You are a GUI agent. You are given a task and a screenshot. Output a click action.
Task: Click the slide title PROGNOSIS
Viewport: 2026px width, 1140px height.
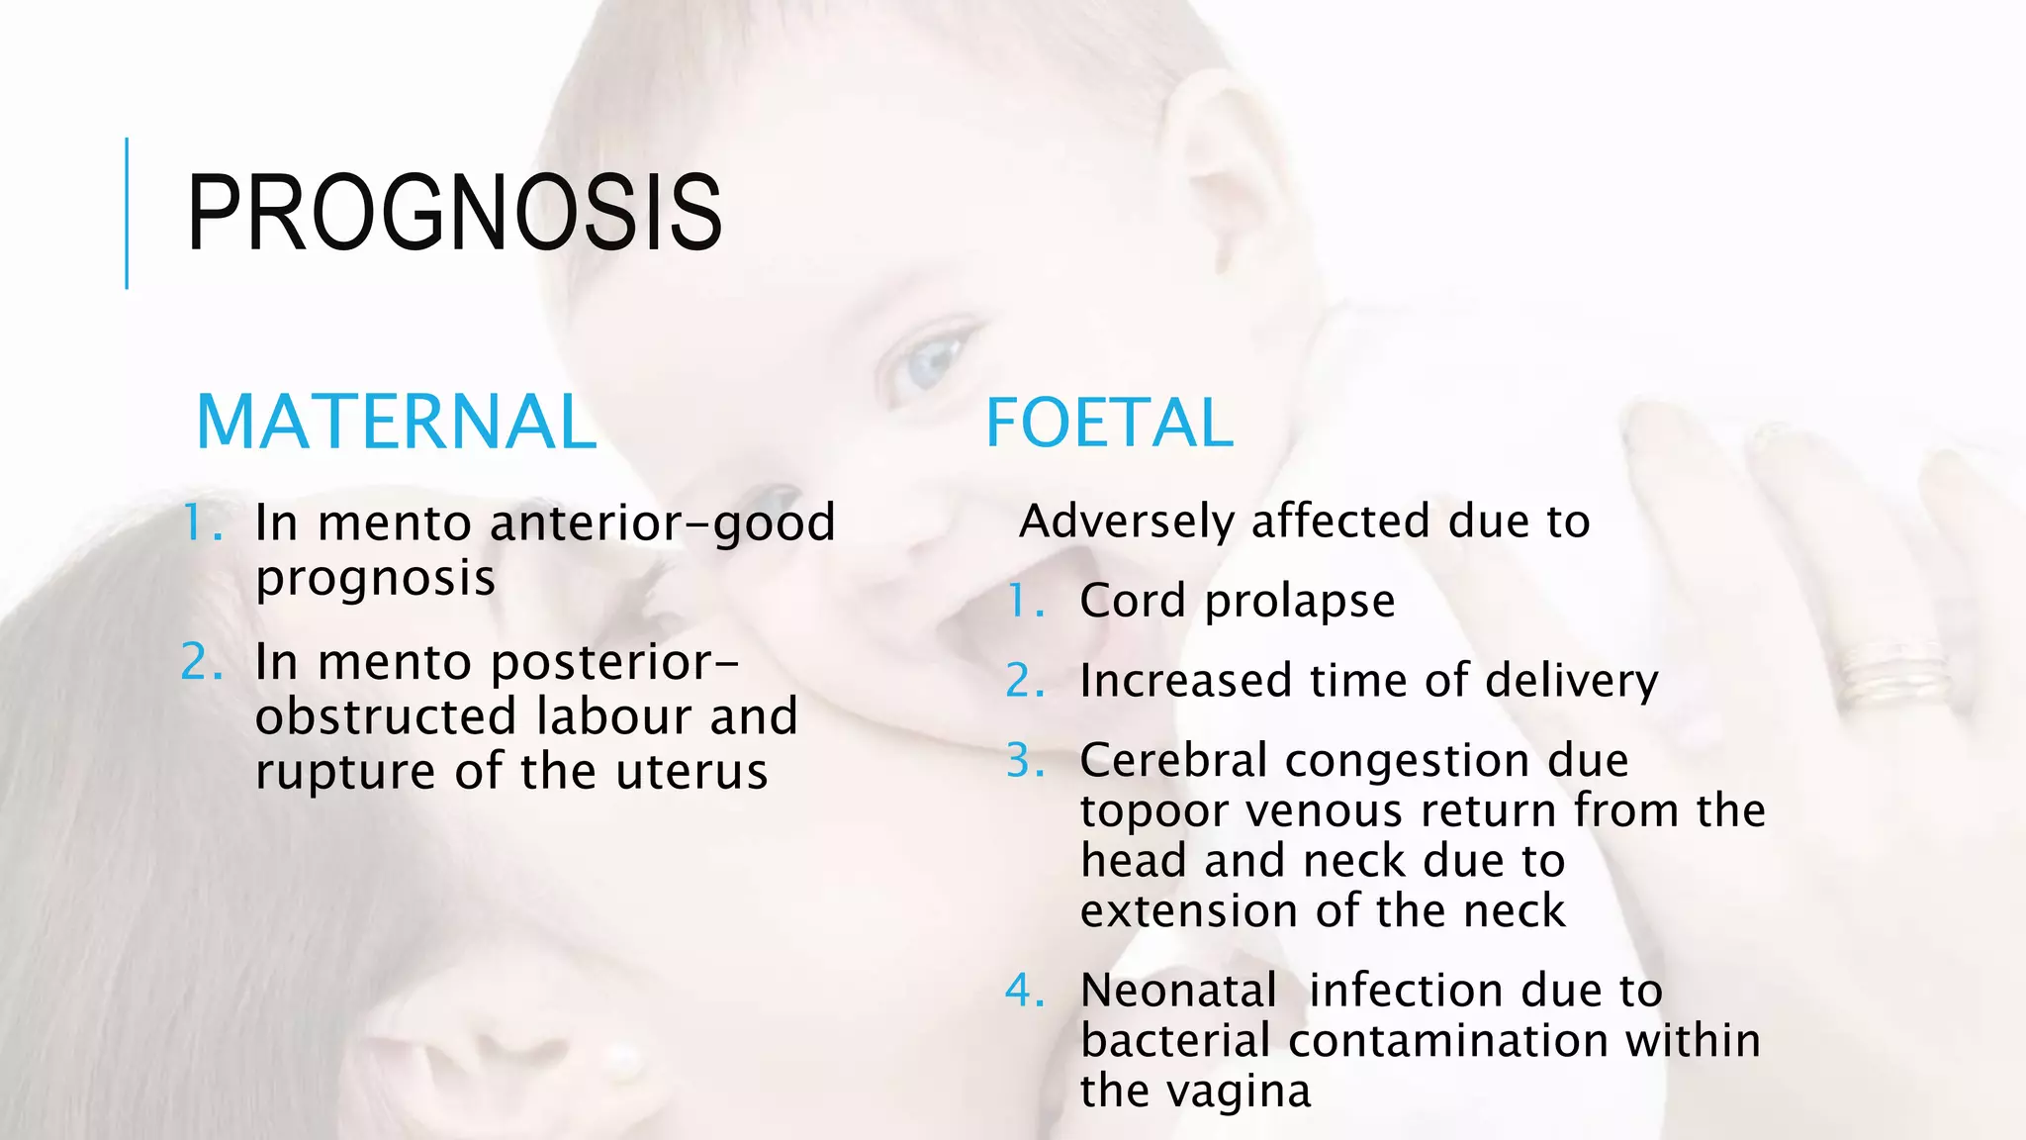454,213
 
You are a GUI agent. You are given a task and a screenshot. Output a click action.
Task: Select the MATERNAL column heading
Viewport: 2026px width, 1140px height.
397,423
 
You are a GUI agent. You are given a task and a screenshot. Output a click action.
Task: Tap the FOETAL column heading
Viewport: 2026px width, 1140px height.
1109,424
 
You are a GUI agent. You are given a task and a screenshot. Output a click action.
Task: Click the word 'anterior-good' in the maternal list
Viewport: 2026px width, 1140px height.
663,522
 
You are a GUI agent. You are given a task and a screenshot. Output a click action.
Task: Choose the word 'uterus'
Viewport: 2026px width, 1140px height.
691,772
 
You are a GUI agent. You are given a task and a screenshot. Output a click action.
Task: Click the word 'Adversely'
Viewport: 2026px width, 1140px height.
1127,522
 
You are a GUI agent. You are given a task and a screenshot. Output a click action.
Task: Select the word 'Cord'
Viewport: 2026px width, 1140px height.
1134,601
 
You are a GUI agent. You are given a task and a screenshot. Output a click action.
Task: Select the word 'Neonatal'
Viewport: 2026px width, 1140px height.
1178,991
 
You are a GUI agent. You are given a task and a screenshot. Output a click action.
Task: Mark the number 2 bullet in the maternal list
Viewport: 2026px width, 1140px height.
201,662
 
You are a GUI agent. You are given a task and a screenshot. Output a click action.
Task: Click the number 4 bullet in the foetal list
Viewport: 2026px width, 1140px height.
1024,991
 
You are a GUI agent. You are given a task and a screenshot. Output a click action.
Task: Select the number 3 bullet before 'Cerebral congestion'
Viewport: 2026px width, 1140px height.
1024,761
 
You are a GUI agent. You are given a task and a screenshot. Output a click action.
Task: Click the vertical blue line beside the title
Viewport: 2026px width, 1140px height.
127,213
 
